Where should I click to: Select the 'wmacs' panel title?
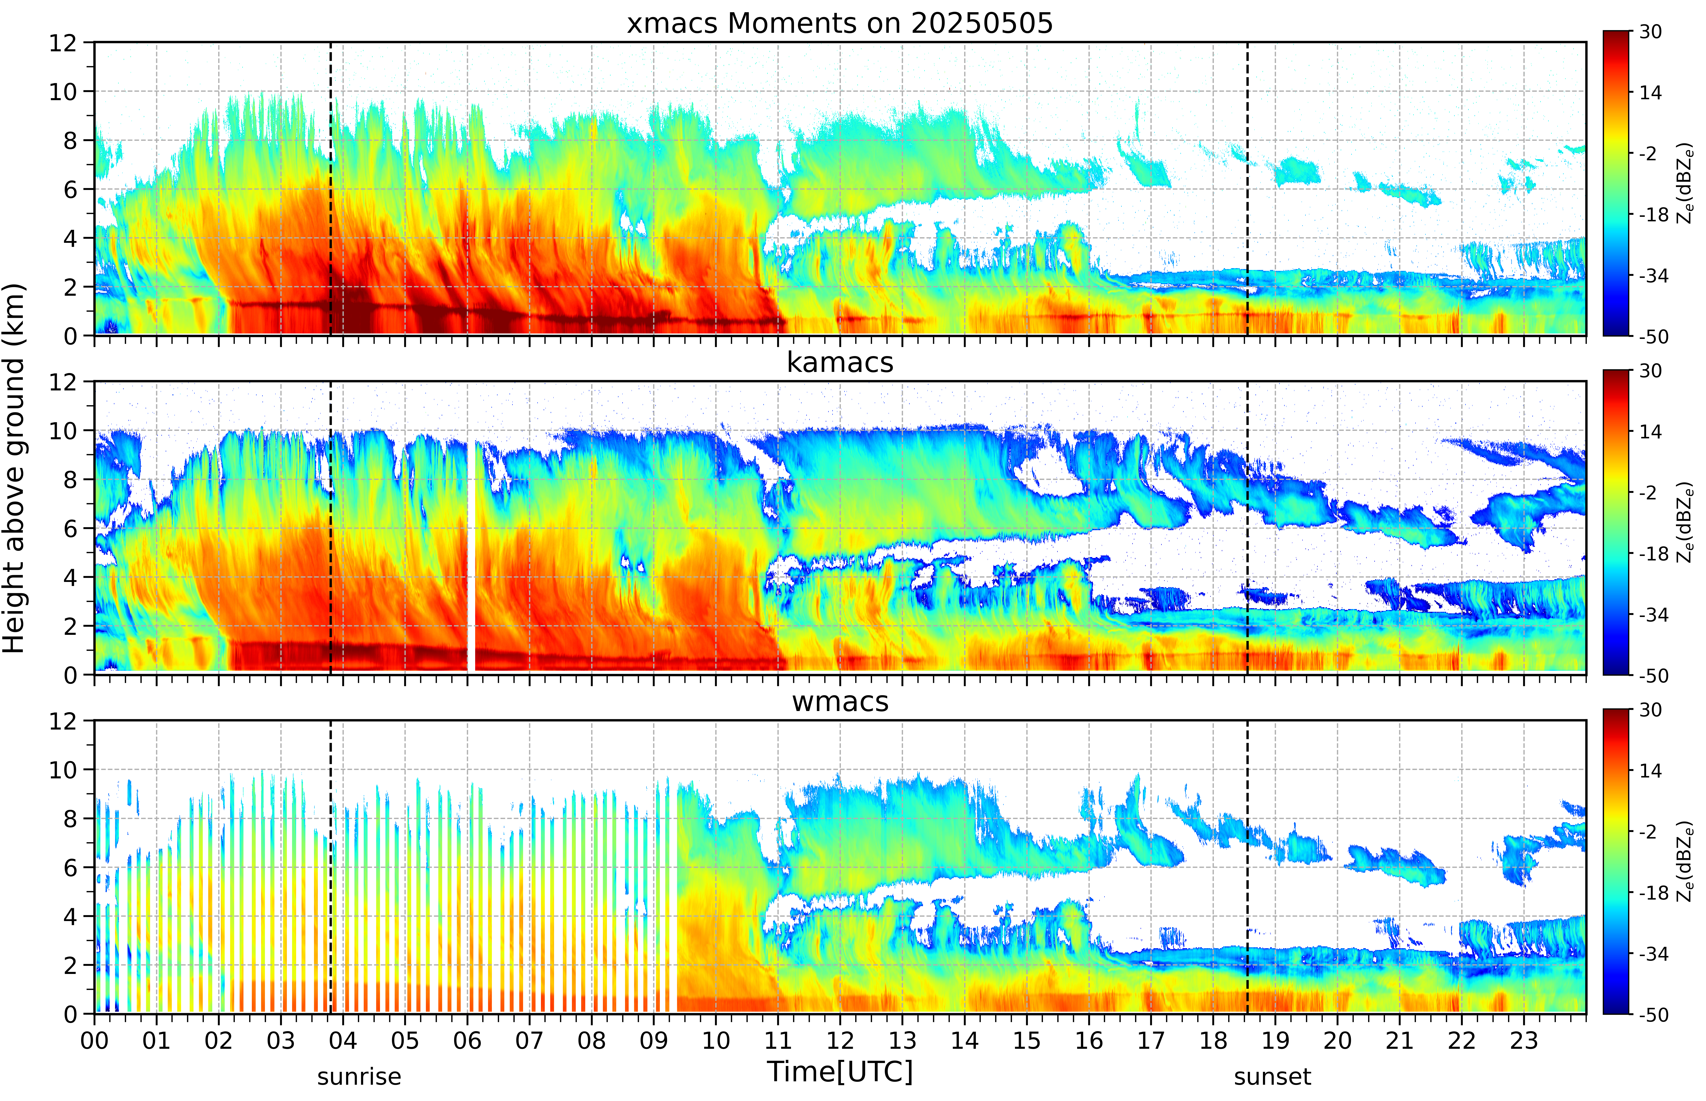point(840,701)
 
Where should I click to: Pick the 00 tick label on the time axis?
point(94,1040)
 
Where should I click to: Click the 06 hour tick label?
point(467,1040)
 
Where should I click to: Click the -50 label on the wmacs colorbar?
point(1653,1014)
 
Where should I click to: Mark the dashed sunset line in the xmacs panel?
point(1247,189)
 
